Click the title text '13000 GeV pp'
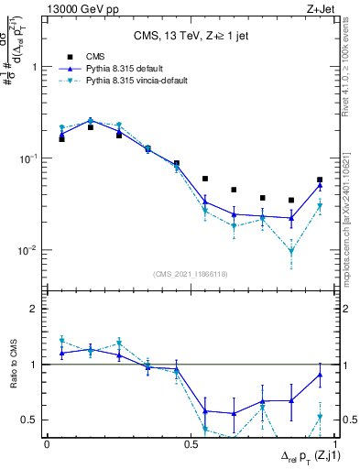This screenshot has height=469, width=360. (77, 8)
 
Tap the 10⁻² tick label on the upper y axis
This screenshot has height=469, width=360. (30, 250)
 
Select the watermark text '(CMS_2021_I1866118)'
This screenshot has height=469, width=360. (191, 273)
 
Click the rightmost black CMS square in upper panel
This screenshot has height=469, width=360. (319, 180)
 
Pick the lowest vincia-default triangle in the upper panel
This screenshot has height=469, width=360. (290, 251)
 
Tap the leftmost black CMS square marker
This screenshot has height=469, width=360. (61, 138)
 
